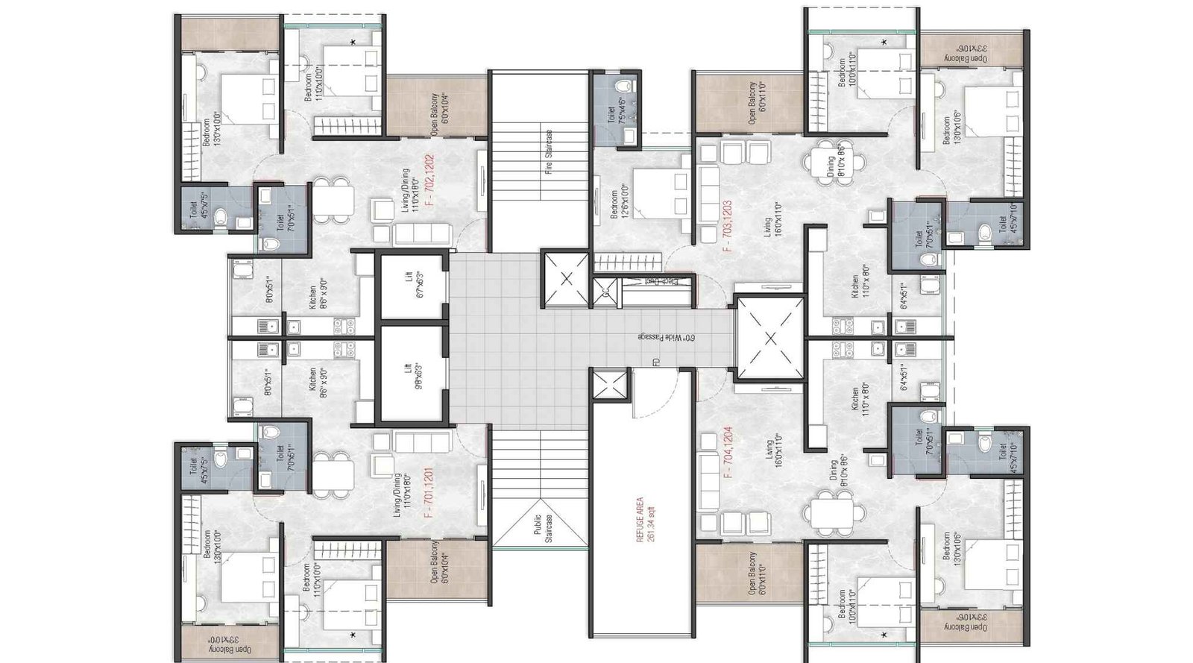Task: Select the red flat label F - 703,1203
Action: [x=727, y=226]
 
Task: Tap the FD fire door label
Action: [x=655, y=365]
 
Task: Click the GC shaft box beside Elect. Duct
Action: [x=605, y=292]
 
